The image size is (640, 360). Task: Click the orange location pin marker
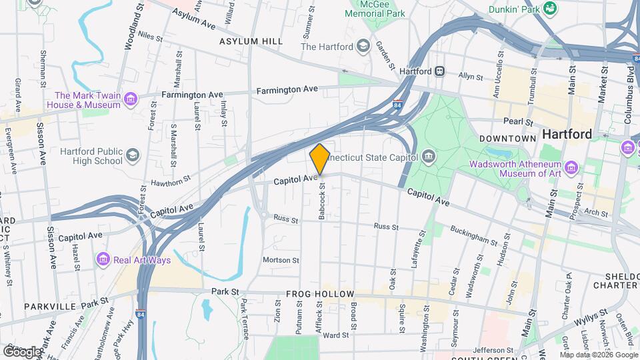point(319,159)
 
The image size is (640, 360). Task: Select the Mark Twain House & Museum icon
point(131,100)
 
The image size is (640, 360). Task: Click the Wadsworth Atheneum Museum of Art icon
point(571,167)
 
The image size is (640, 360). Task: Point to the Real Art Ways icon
point(103,259)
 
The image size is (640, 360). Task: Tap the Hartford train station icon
point(440,71)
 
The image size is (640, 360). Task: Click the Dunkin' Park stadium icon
point(550,8)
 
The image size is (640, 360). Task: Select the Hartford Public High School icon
point(133,155)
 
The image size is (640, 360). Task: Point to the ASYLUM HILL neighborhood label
point(251,41)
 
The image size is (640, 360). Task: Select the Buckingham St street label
point(473,235)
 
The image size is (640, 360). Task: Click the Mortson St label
point(281,260)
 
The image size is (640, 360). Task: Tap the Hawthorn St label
point(170,182)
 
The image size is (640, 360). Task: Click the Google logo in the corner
point(22,351)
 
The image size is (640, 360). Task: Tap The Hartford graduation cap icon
point(363,46)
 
